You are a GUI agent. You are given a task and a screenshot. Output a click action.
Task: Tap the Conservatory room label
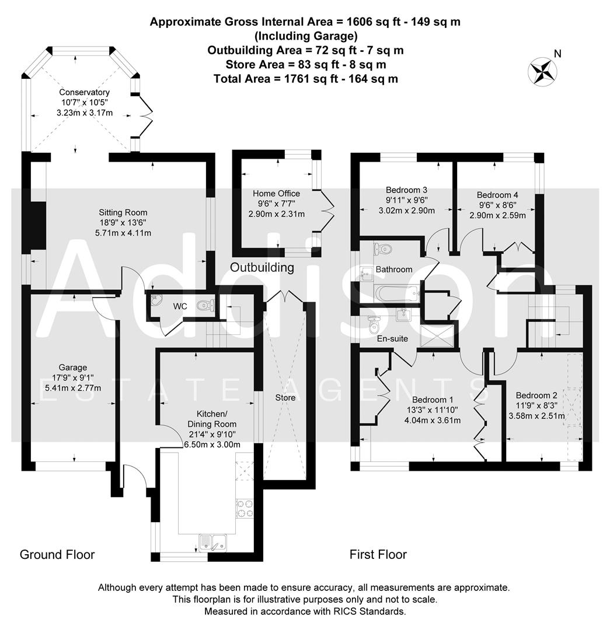(x=84, y=92)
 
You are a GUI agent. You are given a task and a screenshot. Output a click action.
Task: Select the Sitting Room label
(x=123, y=212)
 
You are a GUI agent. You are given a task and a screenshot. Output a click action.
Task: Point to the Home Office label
(x=276, y=194)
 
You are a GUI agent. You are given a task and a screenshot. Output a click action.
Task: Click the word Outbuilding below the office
(x=262, y=268)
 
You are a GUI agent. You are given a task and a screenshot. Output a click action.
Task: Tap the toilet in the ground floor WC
(x=205, y=304)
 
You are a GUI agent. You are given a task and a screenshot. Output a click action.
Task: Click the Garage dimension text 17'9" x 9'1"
(x=72, y=377)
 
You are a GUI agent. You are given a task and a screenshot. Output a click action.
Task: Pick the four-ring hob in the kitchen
(x=244, y=509)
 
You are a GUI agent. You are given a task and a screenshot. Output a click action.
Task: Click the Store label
(x=285, y=398)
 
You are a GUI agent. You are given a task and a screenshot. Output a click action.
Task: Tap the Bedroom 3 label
(x=407, y=190)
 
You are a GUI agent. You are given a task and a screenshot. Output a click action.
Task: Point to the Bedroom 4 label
(x=497, y=195)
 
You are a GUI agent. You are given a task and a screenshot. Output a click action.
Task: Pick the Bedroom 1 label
(x=433, y=400)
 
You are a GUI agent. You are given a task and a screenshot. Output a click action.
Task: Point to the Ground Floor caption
(x=57, y=554)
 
